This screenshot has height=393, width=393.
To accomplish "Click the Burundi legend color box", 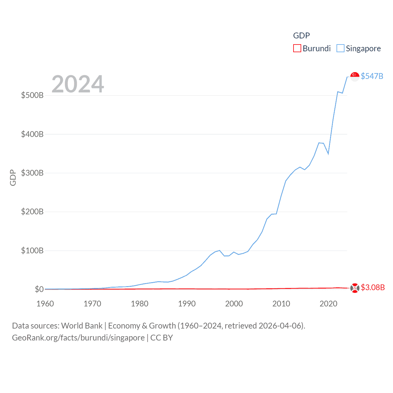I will [x=297, y=49].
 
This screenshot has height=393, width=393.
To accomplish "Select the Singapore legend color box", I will [x=340, y=49].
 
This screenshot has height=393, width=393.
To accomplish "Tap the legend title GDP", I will [x=301, y=36].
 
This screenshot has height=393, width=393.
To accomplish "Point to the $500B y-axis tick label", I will [x=32, y=95].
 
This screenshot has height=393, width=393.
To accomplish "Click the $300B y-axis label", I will [x=32, y=173].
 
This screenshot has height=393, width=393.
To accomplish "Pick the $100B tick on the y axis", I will [x=32, y=251].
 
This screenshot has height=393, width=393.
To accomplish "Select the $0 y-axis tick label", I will [x=39, y=289].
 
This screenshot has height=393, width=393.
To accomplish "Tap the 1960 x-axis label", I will [x=45, y=304].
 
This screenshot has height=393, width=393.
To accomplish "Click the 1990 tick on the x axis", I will [x=187, y=304].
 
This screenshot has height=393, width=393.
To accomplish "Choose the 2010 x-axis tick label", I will [x=281, y=304].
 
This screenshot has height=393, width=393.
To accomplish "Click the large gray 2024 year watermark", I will [x=78, y=84].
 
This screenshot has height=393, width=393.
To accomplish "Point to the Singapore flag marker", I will [x=355, y=77].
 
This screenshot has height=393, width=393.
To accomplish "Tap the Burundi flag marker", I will [x=355, y=288].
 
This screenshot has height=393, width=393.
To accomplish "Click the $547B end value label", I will [x=372, y=76].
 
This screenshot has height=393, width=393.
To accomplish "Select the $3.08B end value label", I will [x=373, y=287].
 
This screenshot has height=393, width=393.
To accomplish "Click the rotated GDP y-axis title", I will [x=13, y=177].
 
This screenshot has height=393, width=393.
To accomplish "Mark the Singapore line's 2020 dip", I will [x=328, y=154].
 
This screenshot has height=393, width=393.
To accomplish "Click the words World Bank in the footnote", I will [x=82, y=325].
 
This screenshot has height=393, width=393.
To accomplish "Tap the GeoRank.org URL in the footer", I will [x=78, y=338].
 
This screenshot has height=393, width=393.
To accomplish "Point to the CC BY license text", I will [x=161, y=338].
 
